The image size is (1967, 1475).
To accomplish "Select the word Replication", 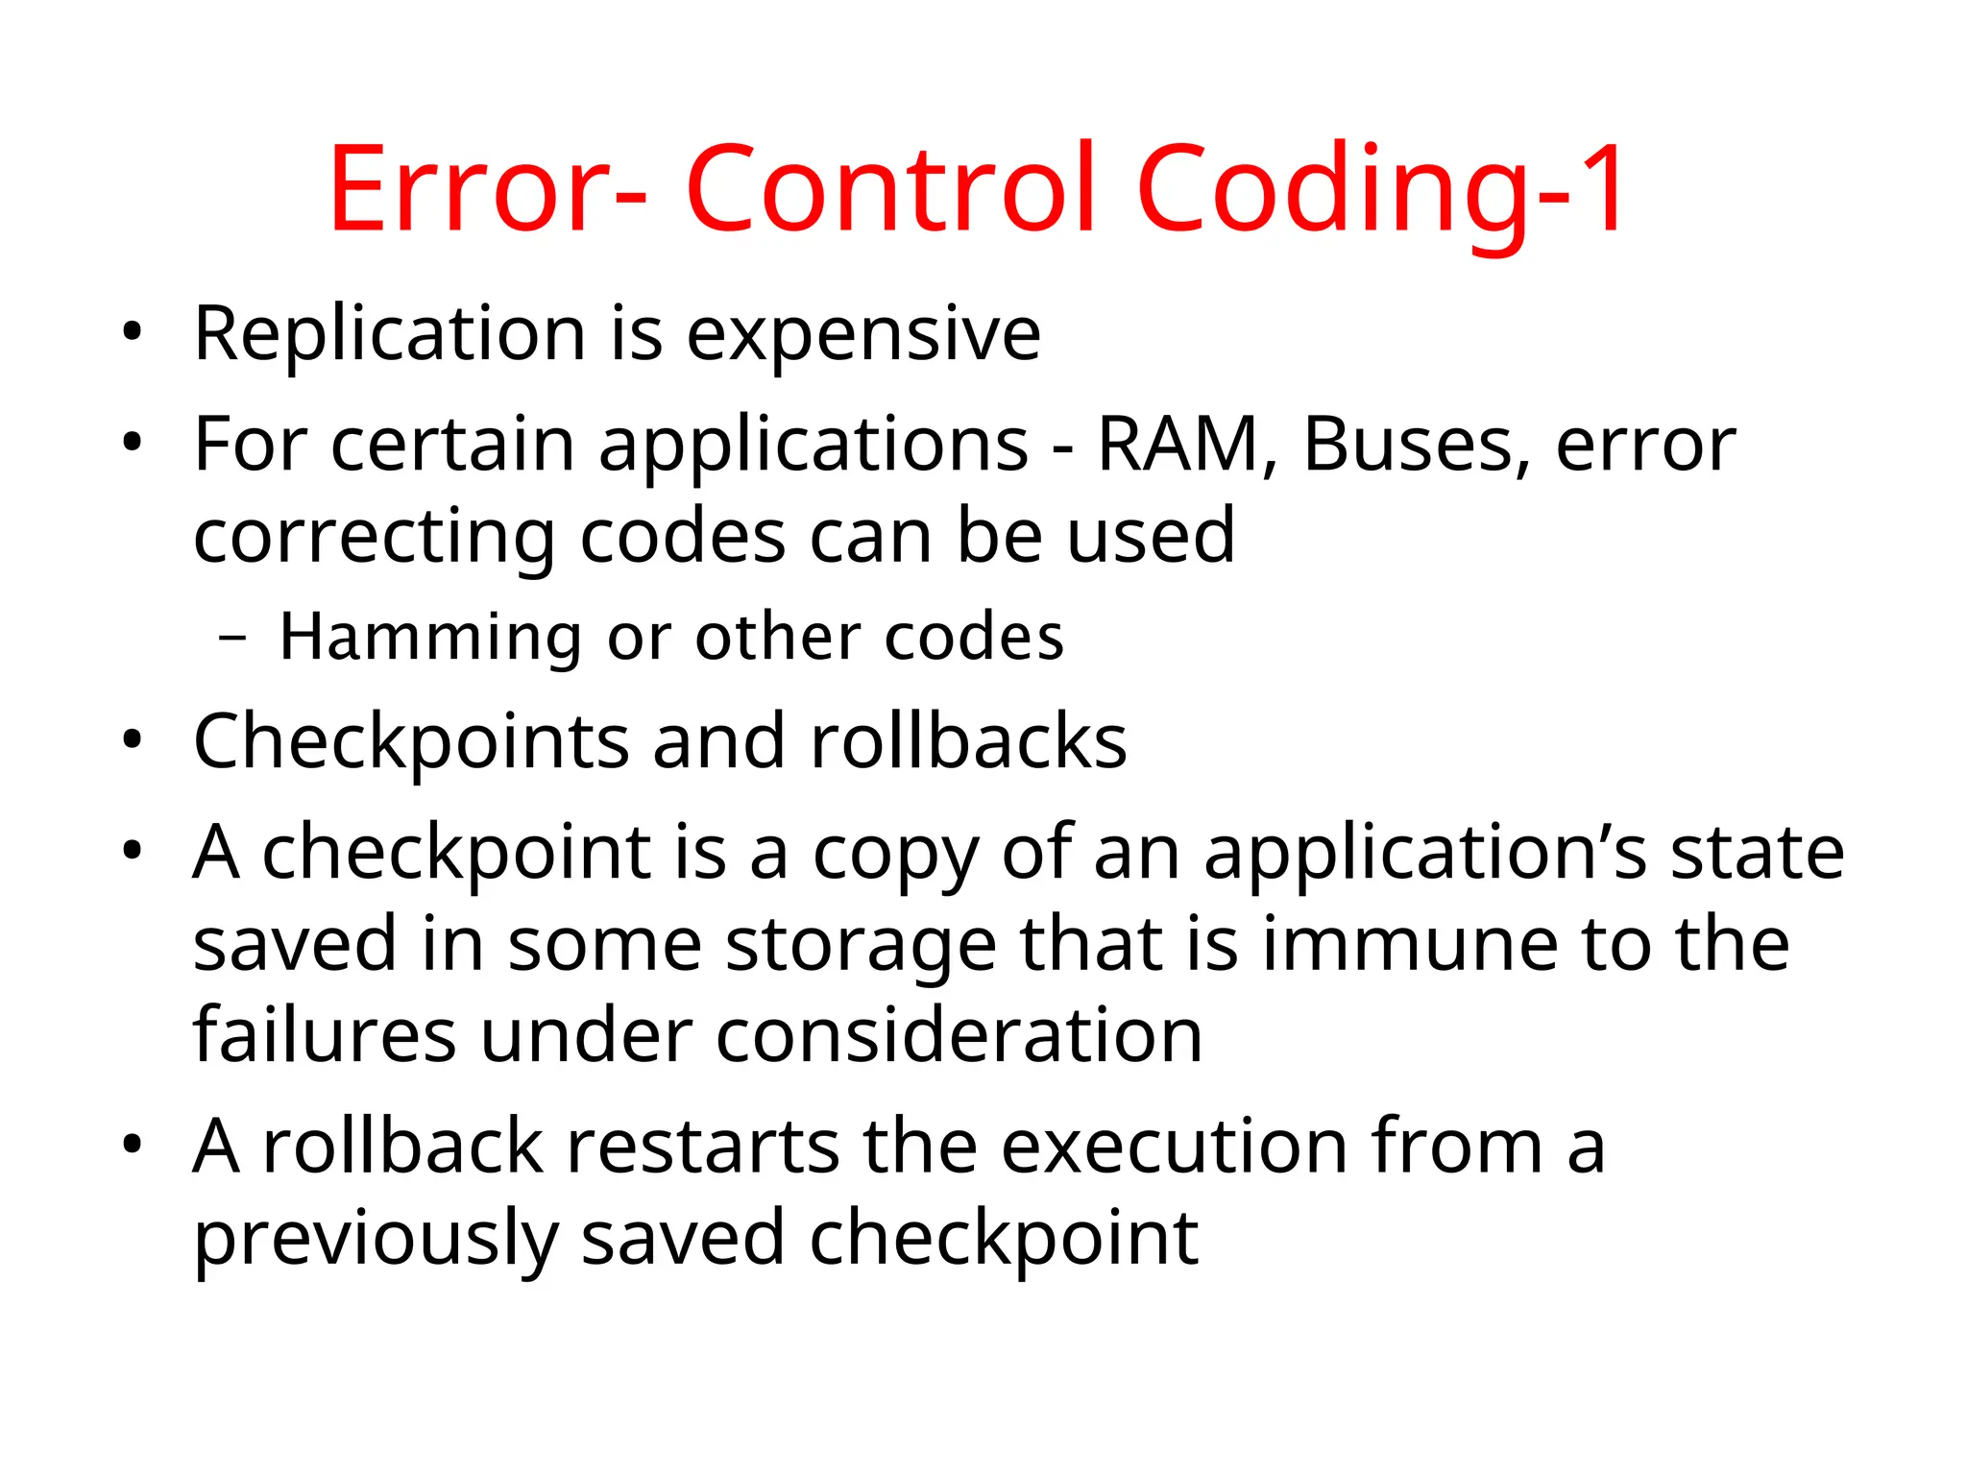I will click(389, 334).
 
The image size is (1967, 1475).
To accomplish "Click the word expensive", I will click(863, 334).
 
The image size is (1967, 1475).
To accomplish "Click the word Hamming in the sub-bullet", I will click(429, 638).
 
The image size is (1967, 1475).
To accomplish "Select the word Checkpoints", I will click(410, 742).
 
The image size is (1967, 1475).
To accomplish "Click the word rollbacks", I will click(968, 742).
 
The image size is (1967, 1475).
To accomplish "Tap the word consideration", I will click(959, 1036).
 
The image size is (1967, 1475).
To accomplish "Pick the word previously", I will click(376, 1239).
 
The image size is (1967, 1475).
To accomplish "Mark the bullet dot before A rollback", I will click(132, 1146).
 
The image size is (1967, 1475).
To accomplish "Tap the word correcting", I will click(374, 538).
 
